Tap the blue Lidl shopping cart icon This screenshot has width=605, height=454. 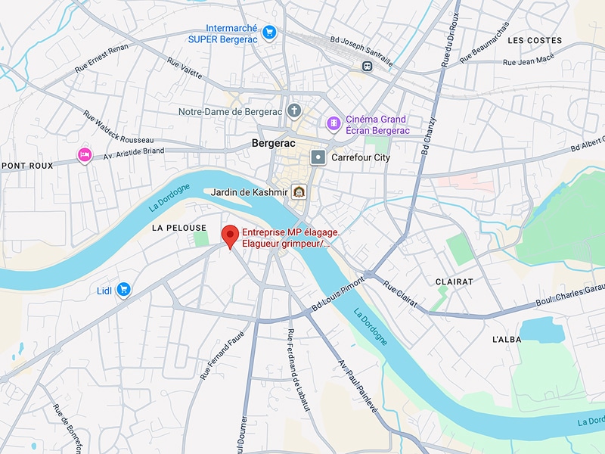tap(124, 290)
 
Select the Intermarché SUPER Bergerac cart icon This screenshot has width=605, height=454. tap(270, 32)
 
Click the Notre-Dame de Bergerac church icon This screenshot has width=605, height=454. tap(295, 112)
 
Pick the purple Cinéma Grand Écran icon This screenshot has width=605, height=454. tap(333, 123)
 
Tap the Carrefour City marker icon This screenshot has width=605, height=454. tap(318, 157)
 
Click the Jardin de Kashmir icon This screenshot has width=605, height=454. tap(300, 192)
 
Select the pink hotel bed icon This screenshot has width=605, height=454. tap(84, 155)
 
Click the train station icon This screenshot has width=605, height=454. tap(367, 65)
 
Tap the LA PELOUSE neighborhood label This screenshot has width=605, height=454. tap(178, 227)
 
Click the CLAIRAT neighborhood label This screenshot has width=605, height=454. tap(454, 281)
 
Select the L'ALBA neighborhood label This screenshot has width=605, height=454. tap(506, 340)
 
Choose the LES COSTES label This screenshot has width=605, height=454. tap(535, 40)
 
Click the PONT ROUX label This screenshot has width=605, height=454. tap(27, 165)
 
